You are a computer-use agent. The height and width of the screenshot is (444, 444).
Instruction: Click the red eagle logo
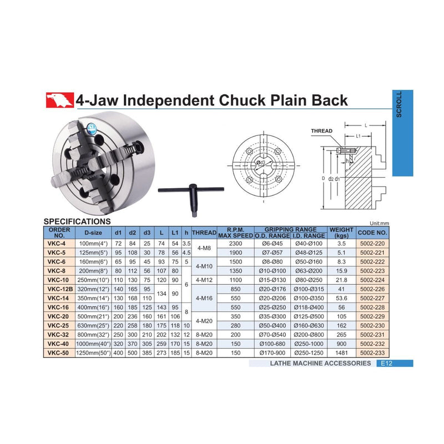coord(60,100)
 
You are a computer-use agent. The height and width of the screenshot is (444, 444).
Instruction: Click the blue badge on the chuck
coord(92,129)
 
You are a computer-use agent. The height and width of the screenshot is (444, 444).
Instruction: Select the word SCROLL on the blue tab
coord(398,104)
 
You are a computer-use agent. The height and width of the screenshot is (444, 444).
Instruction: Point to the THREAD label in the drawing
coord(322,131)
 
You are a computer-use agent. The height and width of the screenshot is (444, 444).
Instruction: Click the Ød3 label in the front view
coord(260,163)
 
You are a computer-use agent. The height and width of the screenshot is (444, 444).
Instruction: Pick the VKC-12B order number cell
coord(60,289)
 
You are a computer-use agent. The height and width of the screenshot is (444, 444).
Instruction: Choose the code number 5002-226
coord(372,289)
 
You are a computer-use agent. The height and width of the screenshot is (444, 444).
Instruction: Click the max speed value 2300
coord(235,244)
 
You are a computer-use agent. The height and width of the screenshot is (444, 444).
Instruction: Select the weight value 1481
coord(341,353)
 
